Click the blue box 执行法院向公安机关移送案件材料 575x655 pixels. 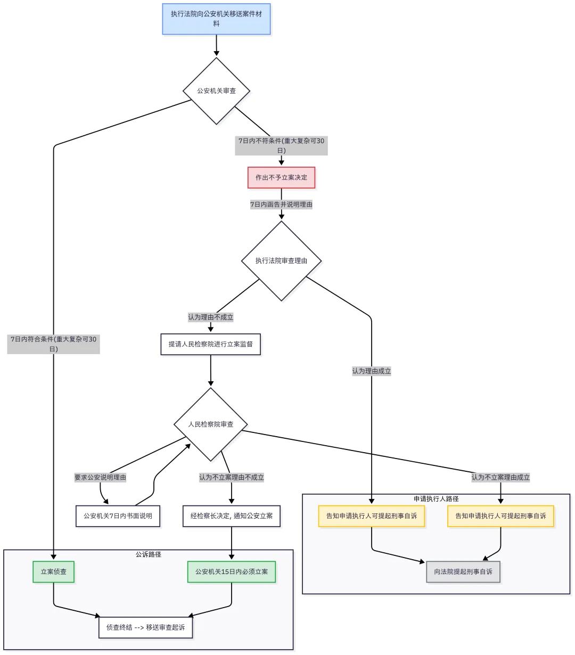[x=216, y=19]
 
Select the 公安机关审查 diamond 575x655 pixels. [x=216, y=91]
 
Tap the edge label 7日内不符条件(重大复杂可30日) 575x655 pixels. [x=281, y=145]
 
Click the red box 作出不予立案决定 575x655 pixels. [x=281, y=177]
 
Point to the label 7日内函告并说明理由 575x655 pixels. [x=281, y=204]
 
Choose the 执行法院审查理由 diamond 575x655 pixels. [x=281, y=261]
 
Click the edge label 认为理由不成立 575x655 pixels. [x=210, y=317]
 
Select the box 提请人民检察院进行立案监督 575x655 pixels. [x=210, y=344]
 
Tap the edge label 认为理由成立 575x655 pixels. [x=371, y=371]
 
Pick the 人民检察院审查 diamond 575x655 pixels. [x=211, y=424]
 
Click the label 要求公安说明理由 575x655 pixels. [x=100, y=478]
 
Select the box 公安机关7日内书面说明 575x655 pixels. [x=118, y=516]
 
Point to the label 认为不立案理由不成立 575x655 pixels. [x=231, y=478]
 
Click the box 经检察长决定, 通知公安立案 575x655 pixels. [x=231, y=516]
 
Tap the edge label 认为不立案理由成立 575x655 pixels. [x=500, y=478]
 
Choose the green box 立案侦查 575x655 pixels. [x=53, y=572]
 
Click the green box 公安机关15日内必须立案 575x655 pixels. [x=231, y=572]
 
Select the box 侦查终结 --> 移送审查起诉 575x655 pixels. [x=145, y=627]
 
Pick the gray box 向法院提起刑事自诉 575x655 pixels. [x=463, y=572]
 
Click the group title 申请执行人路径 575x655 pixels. [x=436, y=499]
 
